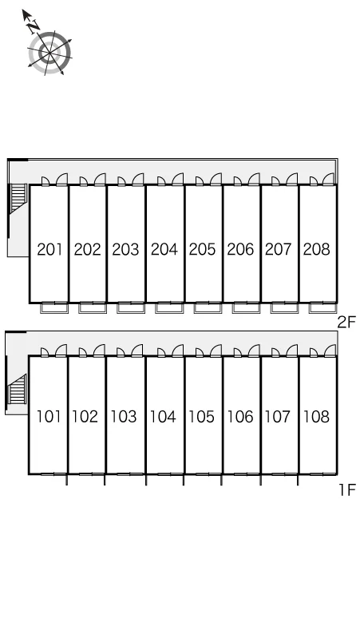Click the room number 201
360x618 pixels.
tap(49, 249)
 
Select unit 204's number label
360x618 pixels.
tap(164, 249)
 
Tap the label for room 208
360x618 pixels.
tap(317, 249)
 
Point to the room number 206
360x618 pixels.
tap(240, 249)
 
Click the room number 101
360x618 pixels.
tap(49, 417)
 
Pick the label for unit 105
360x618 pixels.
tap(202, 417)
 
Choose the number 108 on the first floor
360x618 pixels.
tap(316, 417)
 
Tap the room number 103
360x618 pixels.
tap(124, 417)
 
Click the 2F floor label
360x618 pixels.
tap(346, 323)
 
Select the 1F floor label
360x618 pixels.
tap(347, 490)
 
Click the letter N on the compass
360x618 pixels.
tap(34, 26)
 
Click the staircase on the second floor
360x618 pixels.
tap(18, 198)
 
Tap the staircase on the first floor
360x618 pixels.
tap(18, 389)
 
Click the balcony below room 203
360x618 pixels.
tap(131, 307)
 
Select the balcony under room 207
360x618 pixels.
tap(284, 307)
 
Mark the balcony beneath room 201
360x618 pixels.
tap(54, 307)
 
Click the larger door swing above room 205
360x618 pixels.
tap(216, 180)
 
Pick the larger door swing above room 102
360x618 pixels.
tap(99, 351)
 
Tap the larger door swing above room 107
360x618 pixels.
tap(292, 351)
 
